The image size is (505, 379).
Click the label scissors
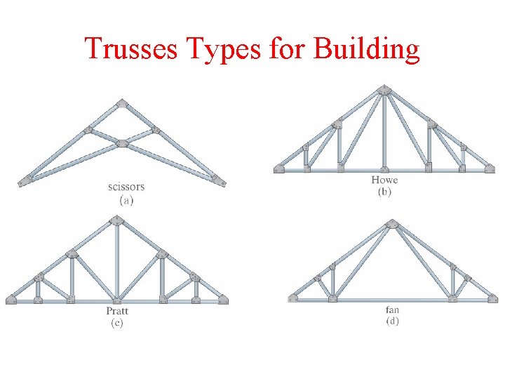click(x=126, y=187)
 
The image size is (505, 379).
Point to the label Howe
click(x=384, y=180)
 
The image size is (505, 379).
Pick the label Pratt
click(x=116, y=311)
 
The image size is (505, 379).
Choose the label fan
click(x=392, y=309)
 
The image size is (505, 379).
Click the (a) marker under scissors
click(x=126, y=199)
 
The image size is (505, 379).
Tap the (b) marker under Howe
click(x=384, y=192)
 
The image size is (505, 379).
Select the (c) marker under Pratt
click(x=116, y=323)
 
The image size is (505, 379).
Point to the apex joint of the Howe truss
click(x=384, y=90)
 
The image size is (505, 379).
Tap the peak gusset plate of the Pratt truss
click(x=116, y=221)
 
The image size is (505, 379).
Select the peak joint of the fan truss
click(x=392, y=224)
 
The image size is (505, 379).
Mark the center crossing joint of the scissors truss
click(x=123, y=143)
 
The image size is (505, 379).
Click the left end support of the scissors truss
click(x=26, y=180)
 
